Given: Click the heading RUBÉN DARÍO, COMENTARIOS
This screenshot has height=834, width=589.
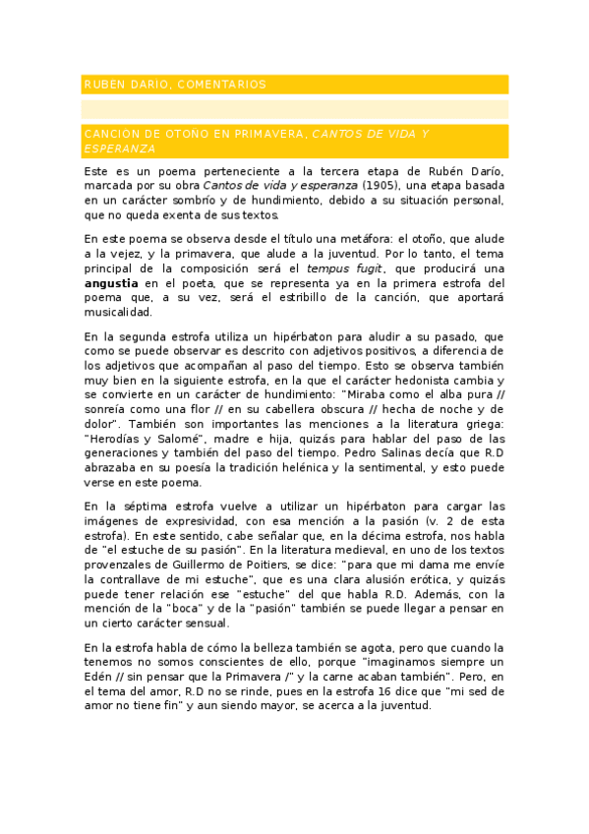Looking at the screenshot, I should point(175,85).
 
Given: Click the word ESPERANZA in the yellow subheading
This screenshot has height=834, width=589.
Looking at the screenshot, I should point(120,149).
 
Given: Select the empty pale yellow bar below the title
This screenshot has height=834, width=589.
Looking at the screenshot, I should point(295,109).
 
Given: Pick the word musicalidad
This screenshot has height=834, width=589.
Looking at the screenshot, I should point(118,313).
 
